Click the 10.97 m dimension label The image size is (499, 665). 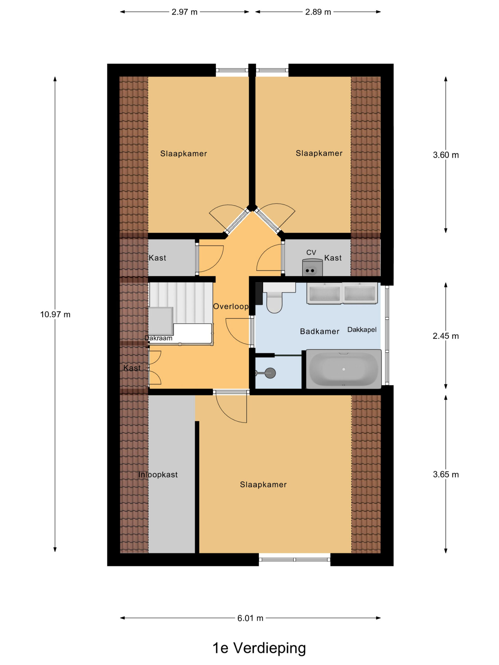(55, 315)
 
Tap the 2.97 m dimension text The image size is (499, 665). (184, 12)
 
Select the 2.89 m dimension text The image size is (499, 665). (318, 12)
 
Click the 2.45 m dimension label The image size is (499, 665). (446, 336)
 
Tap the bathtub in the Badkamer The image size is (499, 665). (344, 369)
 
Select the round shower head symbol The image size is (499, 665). (270, 373)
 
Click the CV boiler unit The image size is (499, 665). (312, 267)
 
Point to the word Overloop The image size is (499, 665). (231, 306)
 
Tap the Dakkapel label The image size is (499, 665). (362, 330)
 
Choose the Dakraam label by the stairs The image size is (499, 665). (159, 338)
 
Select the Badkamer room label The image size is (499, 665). (320, 332)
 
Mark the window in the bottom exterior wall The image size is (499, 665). (294, 560)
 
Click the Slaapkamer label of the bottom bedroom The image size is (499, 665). (263, 485)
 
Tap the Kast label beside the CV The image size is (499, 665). (333, 258)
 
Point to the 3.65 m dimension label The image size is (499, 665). (446, 474)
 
